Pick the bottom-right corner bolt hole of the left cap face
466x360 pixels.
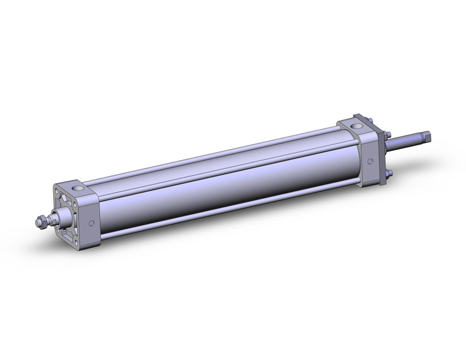[77, 232]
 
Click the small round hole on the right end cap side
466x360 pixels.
[370, 163]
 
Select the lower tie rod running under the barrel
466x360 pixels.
[233, 209]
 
